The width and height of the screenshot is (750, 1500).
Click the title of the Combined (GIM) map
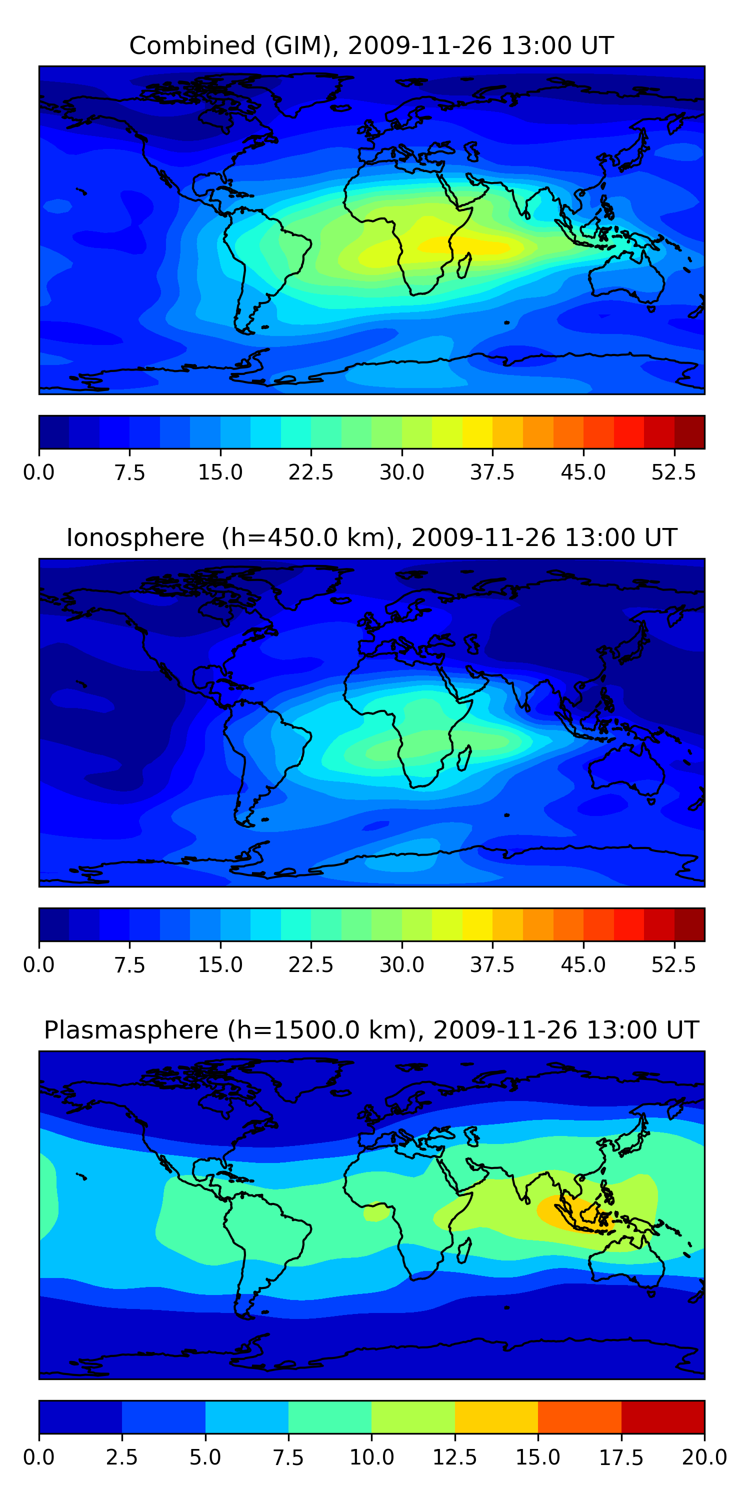(x=371, y=45)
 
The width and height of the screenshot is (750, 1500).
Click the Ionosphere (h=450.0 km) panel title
(x=371, y=537)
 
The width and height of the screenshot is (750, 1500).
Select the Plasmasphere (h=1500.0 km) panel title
(x=371, y=1030)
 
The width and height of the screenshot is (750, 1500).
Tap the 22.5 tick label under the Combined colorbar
(x=311, y=472)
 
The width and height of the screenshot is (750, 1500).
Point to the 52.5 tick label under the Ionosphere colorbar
(x=673, y=965)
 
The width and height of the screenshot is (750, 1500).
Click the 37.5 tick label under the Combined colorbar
(x=492, y=472)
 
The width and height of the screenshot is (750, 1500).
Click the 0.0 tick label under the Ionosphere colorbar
(x=39, y=965)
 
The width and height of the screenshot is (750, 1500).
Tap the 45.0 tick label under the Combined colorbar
(x=583, y=472)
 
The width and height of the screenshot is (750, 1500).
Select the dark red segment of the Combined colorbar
(x=689, y=432)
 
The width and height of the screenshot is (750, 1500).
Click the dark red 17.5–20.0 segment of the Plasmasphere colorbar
(x=662, y=1416)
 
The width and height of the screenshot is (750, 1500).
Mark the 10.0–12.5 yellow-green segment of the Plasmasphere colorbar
(x=413, y=1416)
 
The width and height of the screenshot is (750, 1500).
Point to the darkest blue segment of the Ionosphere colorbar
(x=54, y=924)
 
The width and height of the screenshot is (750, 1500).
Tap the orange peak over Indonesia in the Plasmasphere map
(x=567, y=1213)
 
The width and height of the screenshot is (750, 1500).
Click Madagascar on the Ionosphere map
(x=464, y=757)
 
